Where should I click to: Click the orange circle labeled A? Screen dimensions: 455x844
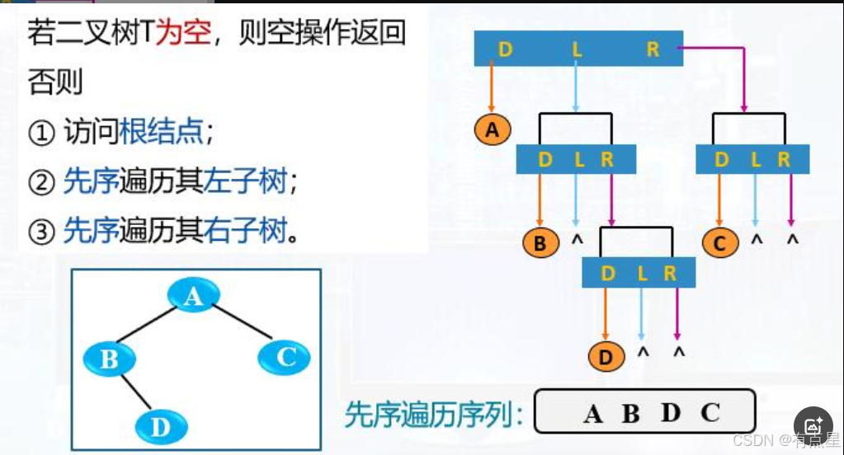(493, 129)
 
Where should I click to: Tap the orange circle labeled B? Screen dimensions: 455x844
(540, 242)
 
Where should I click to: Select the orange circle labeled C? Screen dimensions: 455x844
(720, 242)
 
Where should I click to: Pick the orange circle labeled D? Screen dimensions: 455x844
(606, 357)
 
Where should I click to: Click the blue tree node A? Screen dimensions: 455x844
(193, 295)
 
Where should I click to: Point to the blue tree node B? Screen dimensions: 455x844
(110, 359)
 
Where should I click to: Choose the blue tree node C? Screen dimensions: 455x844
(285, 357)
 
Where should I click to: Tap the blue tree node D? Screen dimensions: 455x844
(161, 426)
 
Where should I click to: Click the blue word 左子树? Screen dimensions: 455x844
(259, 181)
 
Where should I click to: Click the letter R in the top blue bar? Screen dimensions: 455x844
(653, 49)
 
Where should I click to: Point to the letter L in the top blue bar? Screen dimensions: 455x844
(578, 49)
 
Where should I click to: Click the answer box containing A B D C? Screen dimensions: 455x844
(644, 411)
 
